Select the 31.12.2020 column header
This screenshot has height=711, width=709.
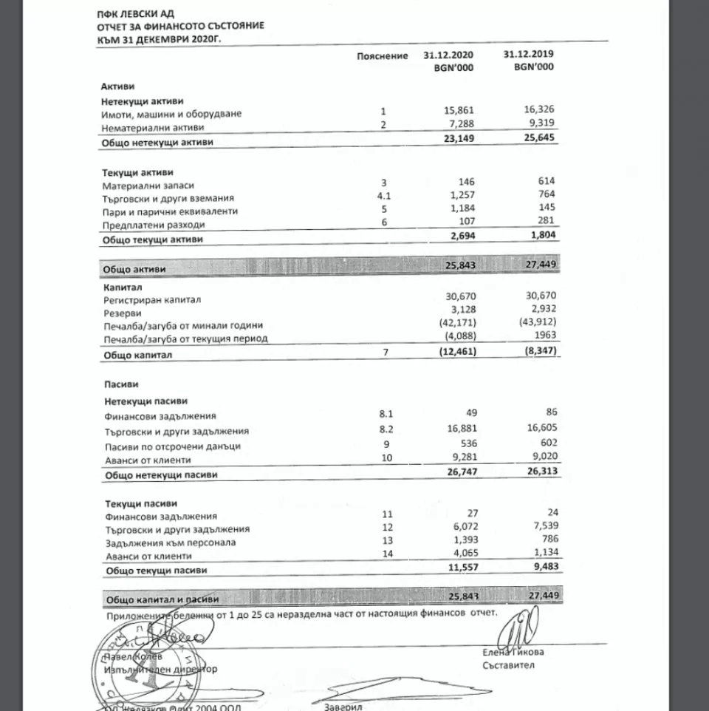tap(449, 55)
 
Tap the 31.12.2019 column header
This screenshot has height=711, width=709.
tap(529, 55)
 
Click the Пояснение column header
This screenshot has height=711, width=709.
tap(382, 56)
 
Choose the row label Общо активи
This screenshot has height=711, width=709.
tap(134, 270)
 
